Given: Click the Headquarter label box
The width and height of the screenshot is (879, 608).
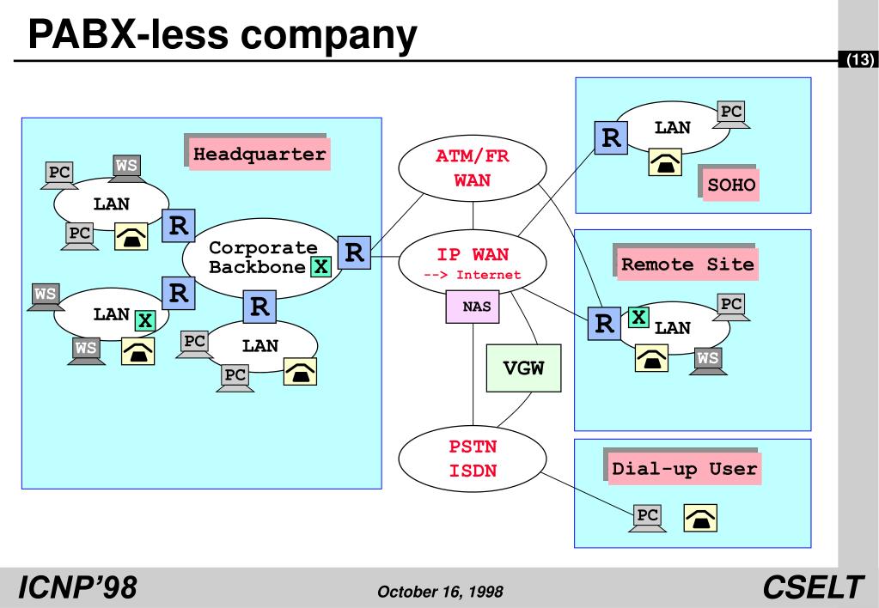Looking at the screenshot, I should pyautogui.click(x=259, y=155).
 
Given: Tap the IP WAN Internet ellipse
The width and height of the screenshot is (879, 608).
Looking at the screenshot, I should pyautogui.click(x=473, y=262).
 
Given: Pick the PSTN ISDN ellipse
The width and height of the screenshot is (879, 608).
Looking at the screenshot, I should pyautogui.click(x=473, y=458).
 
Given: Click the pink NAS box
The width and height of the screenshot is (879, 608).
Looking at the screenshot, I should pyautogui.click(x=473, y=307).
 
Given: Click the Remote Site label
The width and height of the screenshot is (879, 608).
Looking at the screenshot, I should pyautogui.click(x=687, y=264).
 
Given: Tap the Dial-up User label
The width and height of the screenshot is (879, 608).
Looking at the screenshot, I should pyautogui.click(x=684, y=469).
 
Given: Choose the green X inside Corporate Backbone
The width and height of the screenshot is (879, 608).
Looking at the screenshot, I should pyautogui.click(x=320, y=266).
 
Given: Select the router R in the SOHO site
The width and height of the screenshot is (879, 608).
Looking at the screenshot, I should pyautogui.click(x=612, y=137).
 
